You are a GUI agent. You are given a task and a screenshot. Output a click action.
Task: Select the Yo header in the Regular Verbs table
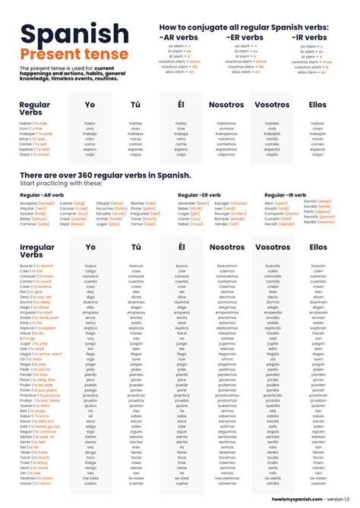90,104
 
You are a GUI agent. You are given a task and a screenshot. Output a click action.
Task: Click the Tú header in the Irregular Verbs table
136,247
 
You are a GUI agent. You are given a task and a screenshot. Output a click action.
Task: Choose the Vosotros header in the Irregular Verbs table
273,247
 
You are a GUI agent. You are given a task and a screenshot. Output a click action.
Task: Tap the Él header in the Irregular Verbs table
181,247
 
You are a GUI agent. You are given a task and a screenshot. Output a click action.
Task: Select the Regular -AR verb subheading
43,195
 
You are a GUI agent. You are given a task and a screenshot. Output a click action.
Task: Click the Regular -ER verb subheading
200,195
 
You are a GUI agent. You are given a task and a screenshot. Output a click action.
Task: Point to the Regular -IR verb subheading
286,195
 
